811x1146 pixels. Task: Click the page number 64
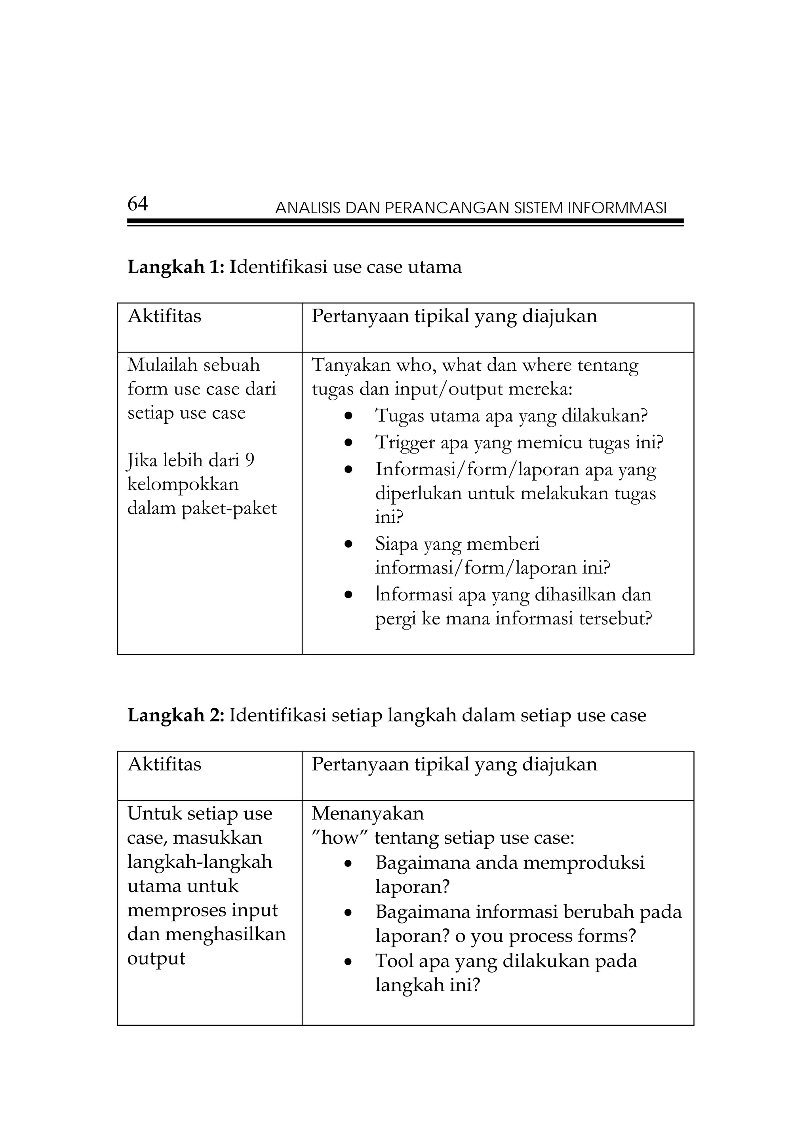[x=137, y=204]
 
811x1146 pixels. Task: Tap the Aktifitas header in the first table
[x=164, y=316]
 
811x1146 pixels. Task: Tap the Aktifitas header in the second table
[x=164, y=764]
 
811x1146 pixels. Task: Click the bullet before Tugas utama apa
[x=348, y=415]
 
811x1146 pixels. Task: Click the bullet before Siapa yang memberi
[x=348, y=544]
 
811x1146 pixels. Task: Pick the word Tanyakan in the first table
[x=351, y=365]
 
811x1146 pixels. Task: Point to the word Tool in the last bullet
[x=394, y=961]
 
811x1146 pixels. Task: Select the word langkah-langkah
[x=200, y=862]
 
